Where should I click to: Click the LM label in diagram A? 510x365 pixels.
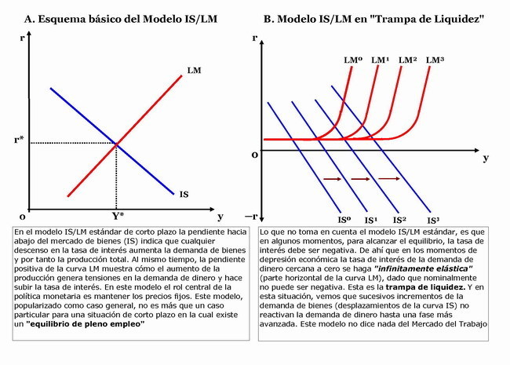194,71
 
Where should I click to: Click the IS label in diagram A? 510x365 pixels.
184,194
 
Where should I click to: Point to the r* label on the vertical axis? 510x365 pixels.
19,140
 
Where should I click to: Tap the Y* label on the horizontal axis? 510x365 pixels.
118,216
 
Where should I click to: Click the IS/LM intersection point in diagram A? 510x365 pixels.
116,144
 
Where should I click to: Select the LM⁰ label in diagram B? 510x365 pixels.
353,60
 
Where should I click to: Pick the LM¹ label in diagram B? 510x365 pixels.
381,60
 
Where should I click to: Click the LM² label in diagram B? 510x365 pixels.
407,60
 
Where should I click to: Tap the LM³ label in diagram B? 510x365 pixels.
435,60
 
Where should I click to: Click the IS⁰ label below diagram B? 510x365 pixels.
344,221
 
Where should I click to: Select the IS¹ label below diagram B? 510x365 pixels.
371,221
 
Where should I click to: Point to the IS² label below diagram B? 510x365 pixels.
399,221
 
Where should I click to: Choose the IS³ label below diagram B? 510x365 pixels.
433,221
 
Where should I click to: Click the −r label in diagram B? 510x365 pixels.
251,217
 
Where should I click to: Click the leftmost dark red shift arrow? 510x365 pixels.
333,179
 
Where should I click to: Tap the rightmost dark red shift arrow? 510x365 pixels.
389,178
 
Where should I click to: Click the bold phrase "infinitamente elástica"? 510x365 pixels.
423,268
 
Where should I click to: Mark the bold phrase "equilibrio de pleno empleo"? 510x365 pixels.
86,324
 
